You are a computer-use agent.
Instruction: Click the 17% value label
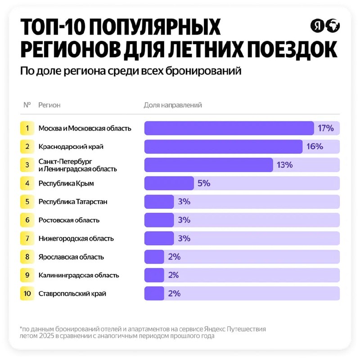pyautogui.click(x=325, y=128)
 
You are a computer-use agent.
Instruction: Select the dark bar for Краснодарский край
pyautogui.click(x=223, y=147)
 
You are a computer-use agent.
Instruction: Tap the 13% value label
pyautogui.click(x=284, y=165)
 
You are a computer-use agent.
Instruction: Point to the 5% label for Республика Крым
pyautogui.click(x=204, y=183)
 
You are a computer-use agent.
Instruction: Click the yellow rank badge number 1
pyautogui.click(x=27, y=128)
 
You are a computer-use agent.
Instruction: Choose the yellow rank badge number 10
pyautogui.click(x=27, y=293)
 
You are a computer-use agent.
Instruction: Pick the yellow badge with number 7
pyautogui.click(x=27, y=238)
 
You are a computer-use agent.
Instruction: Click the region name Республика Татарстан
pyautogui.click(x=73, y=202)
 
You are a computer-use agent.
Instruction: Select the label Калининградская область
pyautogui.click(x=79, y=275)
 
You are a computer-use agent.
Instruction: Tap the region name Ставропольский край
pyautogui.click(x=72, y=293)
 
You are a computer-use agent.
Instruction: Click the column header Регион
pyautogui.click(x=49, y=105)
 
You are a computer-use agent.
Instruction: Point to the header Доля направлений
pyautogui.click(x=173, y=105)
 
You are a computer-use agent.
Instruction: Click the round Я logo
pyautogui.click(x=317, y=26)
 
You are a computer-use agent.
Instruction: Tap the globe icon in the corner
pyautogui.click(x=333, y=26)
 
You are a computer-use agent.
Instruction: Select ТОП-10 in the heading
pyautogui.click(x=53, y=27)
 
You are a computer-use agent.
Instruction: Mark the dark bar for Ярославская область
pyautogui.click(x=154, y=256)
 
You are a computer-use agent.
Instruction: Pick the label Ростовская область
pyautogui.click(x=69, y=220)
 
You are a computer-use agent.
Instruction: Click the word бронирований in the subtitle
pyautogui.click(x=203, y=71)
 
